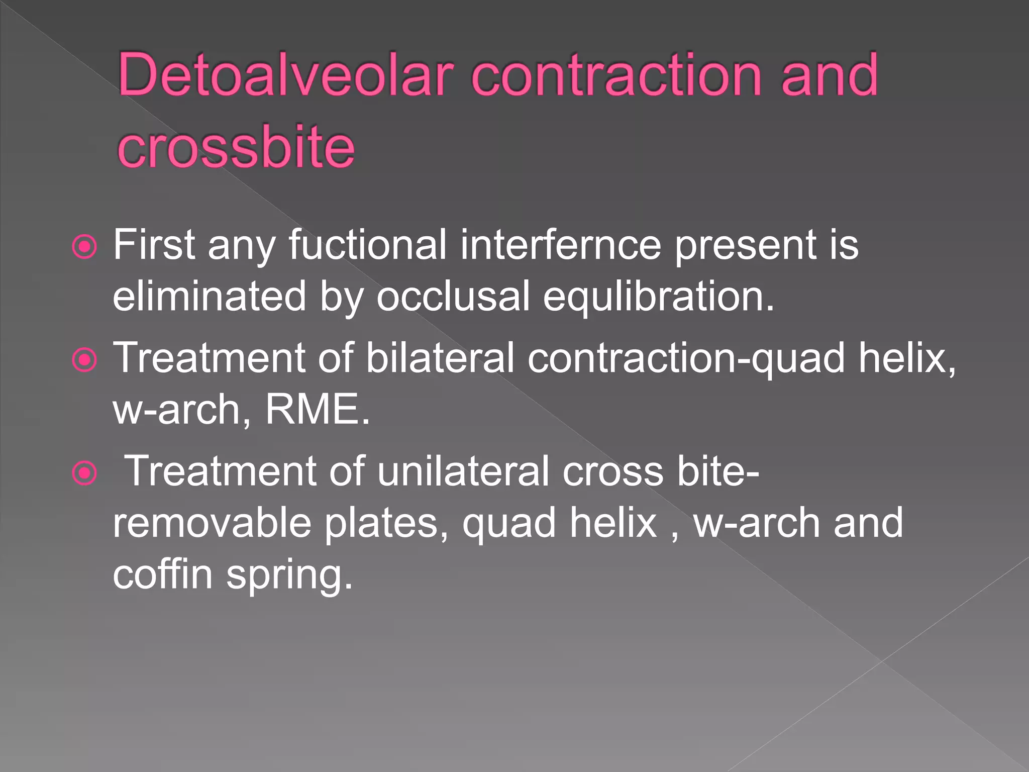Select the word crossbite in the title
(x=236, y=147)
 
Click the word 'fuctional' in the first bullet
(x=367, y=245)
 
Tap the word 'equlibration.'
(x=659, y=297)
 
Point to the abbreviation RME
(x=317, y=409)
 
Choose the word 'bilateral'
(x=440, y=358)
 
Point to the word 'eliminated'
(x=209, y=297)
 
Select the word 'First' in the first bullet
(x=154, y=245)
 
